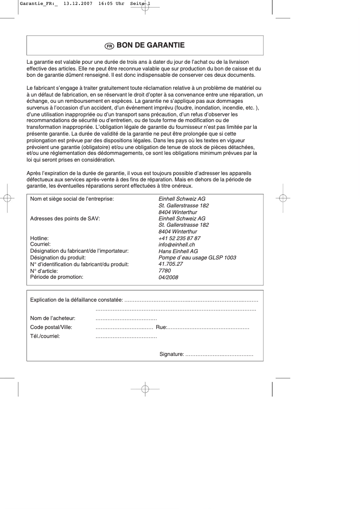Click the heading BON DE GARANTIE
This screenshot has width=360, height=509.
[150, 45]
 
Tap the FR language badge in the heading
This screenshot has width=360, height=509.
[109, 46]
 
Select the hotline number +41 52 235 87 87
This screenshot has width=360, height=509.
[179, 238]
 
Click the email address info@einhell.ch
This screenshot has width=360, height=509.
[176, 245]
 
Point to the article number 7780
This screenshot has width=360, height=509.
[164, 271]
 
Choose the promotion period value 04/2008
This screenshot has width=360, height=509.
[168, 277]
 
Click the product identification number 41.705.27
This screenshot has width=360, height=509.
[170, 264]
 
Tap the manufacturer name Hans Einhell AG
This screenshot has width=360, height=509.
[178, 251]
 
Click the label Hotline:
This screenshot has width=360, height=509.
[39, 238]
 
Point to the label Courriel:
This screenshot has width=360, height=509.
[40, 244]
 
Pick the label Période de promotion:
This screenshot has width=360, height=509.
[57, 277]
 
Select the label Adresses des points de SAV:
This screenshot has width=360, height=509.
[65, 219]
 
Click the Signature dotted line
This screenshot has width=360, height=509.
[219, 355]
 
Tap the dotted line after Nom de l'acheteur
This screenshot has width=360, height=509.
[126, 319]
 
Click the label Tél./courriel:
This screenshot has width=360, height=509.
[45, 336]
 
